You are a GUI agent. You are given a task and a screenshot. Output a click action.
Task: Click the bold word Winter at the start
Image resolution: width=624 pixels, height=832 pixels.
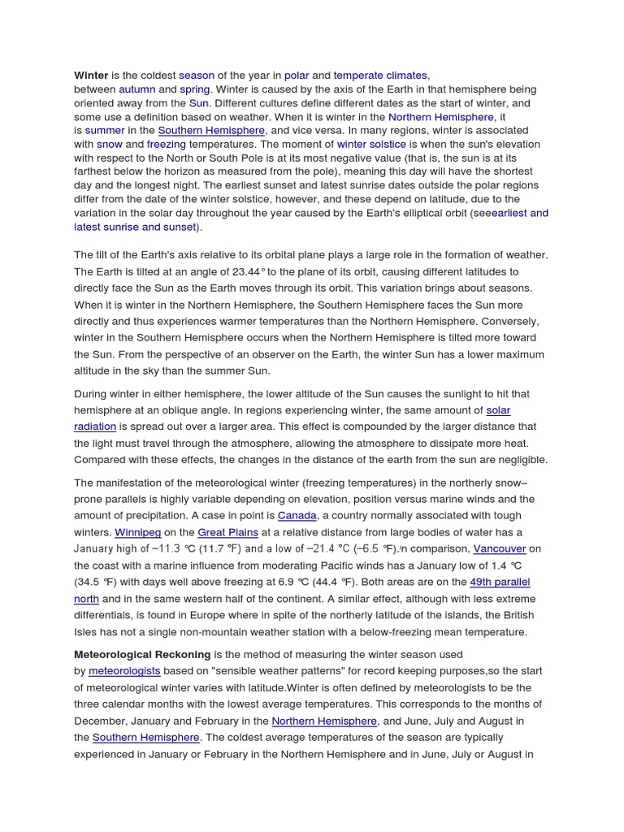click(91, 75)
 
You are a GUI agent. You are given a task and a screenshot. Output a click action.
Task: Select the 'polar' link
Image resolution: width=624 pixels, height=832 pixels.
click(297, 75)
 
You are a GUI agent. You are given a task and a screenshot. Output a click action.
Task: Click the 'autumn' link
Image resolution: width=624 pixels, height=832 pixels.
click(136, 89)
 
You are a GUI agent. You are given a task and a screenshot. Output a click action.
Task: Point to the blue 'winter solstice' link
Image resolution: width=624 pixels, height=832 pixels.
click(371, 144)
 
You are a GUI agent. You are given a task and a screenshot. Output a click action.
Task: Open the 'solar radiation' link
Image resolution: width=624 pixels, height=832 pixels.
click(498, 410)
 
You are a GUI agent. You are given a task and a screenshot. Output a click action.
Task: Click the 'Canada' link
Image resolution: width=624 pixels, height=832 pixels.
click(297, 516)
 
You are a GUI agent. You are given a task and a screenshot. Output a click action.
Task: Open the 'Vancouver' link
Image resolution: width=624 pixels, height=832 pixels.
click(500, 548)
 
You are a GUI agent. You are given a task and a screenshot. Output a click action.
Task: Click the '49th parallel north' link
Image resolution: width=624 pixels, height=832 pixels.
click(499, 582)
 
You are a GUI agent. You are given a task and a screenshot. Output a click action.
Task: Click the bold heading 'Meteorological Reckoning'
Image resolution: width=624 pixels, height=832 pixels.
click(142, 654)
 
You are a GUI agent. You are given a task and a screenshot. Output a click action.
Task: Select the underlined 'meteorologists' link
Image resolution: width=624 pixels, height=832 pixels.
click(124, 671)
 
